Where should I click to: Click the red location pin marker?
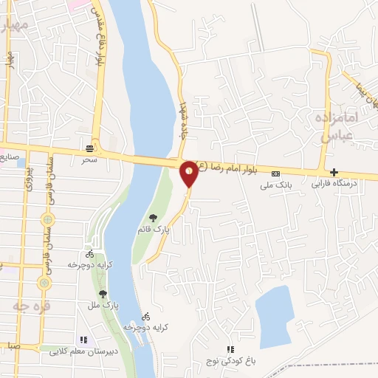[x=189, y=173]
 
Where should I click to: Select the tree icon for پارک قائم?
[x=153, y=218]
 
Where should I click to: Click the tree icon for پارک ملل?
[x=102, y=294]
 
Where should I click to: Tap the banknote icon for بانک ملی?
[x=276, y=175]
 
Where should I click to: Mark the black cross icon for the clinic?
[x=334, y=171]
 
